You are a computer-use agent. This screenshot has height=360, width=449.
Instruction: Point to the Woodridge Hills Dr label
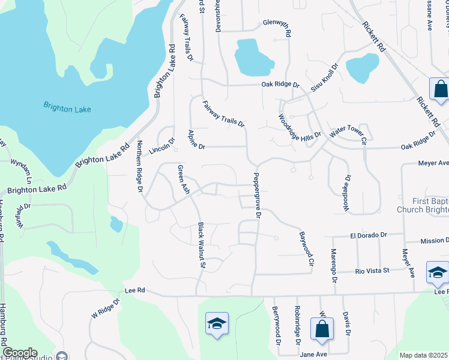point(300,128)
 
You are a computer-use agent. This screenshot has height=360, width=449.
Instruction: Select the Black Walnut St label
point(202,245)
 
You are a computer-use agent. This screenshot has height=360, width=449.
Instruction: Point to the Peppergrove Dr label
point(257,195)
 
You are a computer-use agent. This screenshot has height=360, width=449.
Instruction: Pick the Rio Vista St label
point(373,271)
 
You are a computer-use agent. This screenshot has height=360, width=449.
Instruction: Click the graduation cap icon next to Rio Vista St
point(436,272)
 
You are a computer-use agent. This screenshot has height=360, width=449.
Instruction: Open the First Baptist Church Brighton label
point(423,205)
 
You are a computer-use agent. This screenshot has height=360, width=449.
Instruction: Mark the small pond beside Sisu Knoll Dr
point(363,67)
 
